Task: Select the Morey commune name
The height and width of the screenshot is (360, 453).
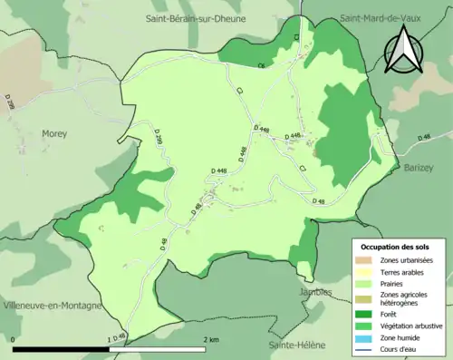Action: tap(54, 133)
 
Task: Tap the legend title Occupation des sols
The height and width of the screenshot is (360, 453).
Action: tap(396, 247)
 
